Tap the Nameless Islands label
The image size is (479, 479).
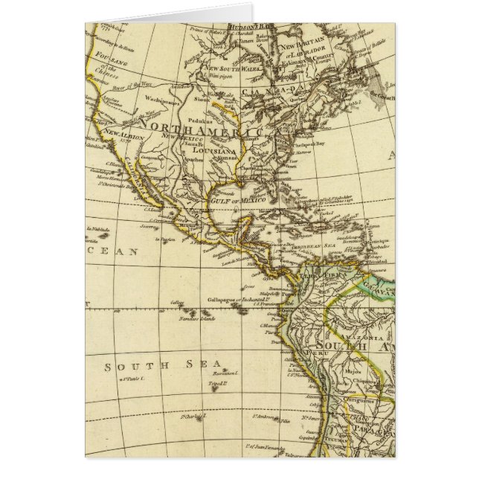[197, 319]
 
